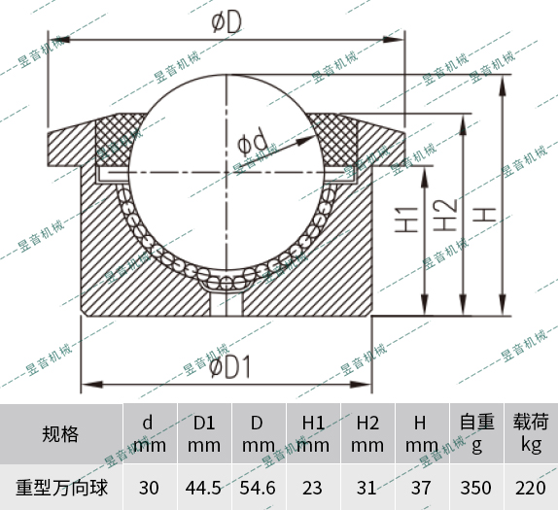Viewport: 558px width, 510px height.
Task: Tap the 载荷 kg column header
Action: point(530,433)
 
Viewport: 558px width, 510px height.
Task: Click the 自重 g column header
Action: point(476,433)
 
